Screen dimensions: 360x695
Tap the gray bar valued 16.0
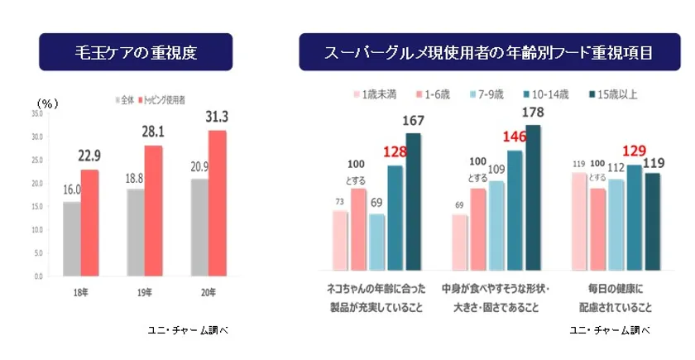[72, 238]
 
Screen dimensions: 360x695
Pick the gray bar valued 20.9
[199, 227]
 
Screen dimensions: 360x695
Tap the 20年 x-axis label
[207, 291]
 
